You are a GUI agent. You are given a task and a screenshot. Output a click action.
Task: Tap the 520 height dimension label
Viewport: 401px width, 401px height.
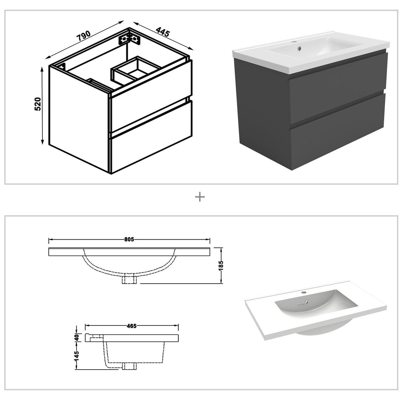[x=37, y=104]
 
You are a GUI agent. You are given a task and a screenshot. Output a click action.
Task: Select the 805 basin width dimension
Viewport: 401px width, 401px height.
[x=129, y=240]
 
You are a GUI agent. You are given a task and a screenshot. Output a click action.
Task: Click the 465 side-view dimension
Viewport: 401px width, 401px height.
[x=132, y=326]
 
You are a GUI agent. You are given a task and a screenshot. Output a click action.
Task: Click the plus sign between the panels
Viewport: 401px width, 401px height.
[x=200, y=197]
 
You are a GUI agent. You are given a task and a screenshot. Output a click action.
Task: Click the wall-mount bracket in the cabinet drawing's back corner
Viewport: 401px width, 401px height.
[x=129, y=38]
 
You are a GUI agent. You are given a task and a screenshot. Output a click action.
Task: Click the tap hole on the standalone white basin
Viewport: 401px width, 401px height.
[x=303, y=292]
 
